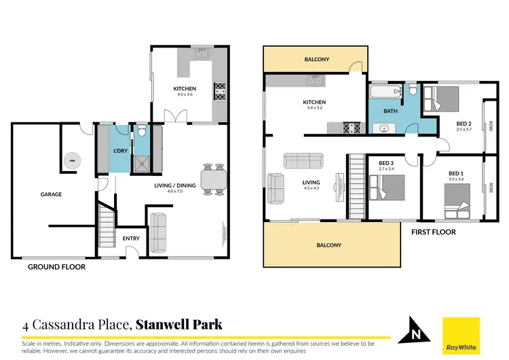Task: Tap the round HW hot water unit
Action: [x=71, y=160]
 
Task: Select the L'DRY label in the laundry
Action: [x=121, y=150]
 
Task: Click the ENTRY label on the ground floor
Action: [x=130, y=238]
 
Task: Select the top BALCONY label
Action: [x=316, y=60]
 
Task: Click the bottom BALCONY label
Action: [x=328, y=245]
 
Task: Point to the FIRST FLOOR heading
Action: [x=433, y=232]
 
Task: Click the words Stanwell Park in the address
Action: [x=179, y=325]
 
